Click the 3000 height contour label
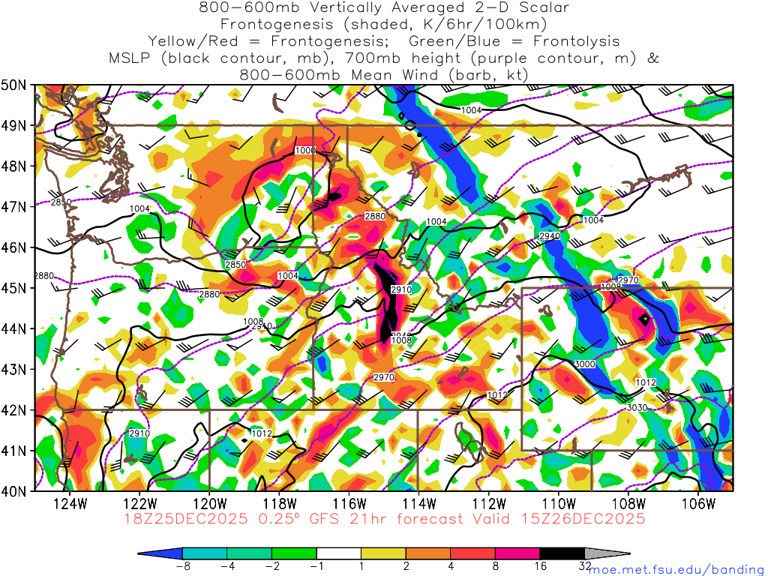(x=584, y=364)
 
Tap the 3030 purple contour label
(x=636, y=407)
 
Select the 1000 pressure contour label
(x=304, y=151)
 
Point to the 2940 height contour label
(x=549, y=236)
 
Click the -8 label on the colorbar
(x=181, y=566)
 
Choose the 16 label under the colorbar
(x=540, y=566)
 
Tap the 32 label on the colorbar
(x=585, y=566)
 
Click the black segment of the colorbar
(x=562, y=553)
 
